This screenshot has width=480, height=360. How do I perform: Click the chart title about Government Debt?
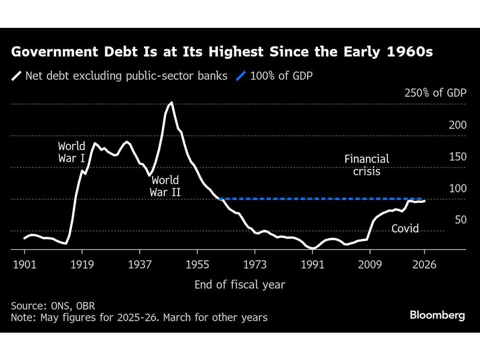point(221,52)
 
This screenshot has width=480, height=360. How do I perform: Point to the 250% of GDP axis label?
point(435,93)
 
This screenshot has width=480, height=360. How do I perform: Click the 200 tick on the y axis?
point(457,125)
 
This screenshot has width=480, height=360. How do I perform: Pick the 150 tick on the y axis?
point(457,156)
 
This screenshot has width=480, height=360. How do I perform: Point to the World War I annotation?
point(72,152)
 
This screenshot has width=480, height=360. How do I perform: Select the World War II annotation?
point(165,187)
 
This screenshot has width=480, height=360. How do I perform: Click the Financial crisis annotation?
point(367,165)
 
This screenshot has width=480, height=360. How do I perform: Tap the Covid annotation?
point(405,228)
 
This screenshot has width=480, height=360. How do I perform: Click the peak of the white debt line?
point(171,102)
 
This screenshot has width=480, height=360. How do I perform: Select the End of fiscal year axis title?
point(240,285)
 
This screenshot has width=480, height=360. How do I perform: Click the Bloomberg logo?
point(437,315)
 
